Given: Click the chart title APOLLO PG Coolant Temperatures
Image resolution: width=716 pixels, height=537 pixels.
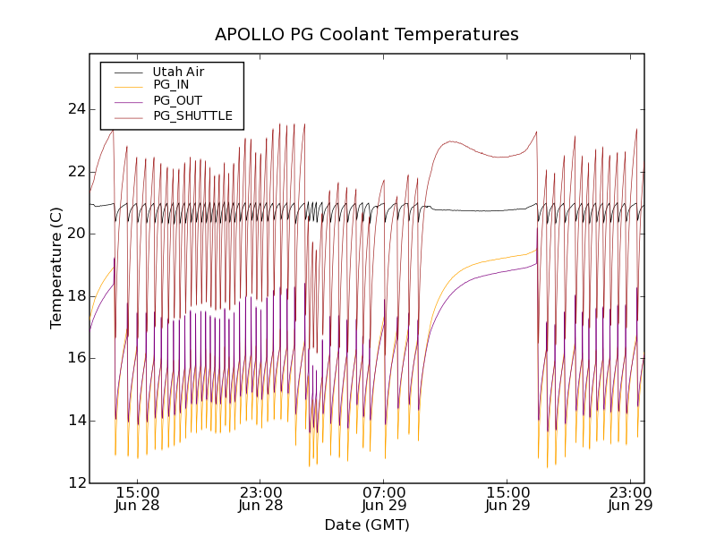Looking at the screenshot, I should [366, 35].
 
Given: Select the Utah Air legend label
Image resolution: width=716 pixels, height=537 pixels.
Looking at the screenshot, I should [179, 72].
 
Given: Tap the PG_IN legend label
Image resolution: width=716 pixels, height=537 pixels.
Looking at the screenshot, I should [171, 85].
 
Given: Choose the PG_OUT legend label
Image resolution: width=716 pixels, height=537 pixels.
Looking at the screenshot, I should [177, 100].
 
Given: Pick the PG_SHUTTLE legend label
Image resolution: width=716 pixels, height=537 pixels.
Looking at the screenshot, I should [192, 115].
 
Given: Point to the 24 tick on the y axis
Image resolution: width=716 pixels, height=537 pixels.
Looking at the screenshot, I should [75, 109].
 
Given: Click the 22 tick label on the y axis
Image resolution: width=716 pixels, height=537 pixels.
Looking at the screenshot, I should [75, 172].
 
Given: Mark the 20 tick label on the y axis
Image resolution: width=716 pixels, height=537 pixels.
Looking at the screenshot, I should [75, 234].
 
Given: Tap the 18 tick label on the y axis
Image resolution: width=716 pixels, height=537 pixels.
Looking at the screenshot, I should [75, 296].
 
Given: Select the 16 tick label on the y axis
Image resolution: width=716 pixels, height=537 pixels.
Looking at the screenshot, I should [75, 358].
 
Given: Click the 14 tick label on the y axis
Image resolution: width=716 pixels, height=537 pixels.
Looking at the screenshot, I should [75, 421].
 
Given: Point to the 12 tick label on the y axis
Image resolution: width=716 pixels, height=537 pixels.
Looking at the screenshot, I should [75, 482].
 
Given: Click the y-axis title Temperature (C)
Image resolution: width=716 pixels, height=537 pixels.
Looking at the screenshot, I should [56, 268].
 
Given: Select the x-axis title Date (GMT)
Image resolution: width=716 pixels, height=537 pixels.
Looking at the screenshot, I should [366, 524].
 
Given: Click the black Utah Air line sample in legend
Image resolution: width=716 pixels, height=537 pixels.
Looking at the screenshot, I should [128, 72].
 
